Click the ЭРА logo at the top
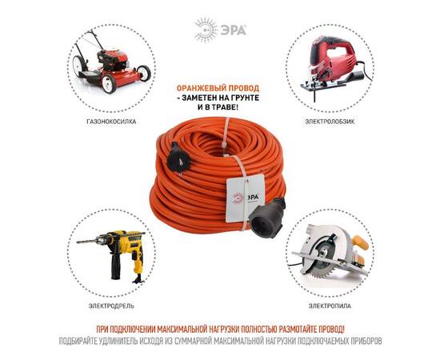coord(219,30)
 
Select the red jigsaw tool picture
coord(330,68)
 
